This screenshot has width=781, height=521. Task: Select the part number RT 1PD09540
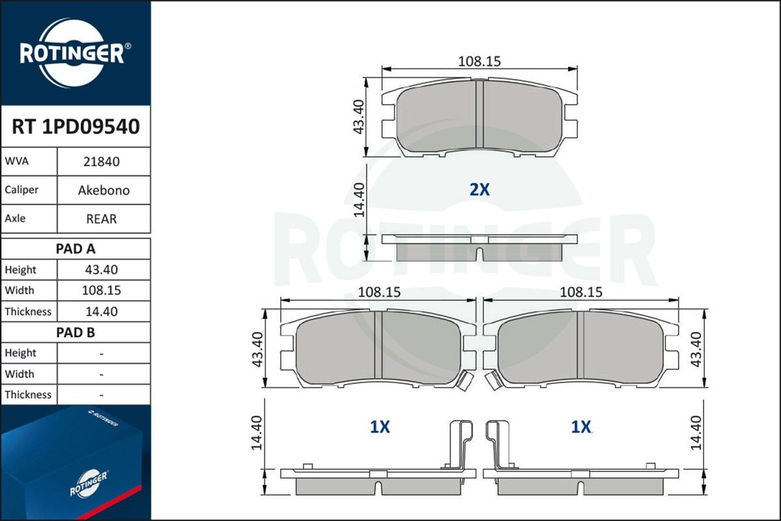75,127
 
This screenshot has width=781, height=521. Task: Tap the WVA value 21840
102,162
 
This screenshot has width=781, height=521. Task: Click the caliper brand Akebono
103,190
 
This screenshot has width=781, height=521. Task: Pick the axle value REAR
102,219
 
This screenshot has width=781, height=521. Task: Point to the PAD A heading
75,248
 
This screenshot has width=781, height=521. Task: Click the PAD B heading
75,332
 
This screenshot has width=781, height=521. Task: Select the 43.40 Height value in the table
102,270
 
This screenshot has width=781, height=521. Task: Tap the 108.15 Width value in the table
102,290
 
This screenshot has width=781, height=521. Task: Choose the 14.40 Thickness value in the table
102,311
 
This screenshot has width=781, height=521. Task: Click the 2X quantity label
479,190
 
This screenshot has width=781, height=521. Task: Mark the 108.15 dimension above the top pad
479,61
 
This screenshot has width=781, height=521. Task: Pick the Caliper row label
21,190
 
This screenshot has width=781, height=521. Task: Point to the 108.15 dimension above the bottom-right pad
581,292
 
